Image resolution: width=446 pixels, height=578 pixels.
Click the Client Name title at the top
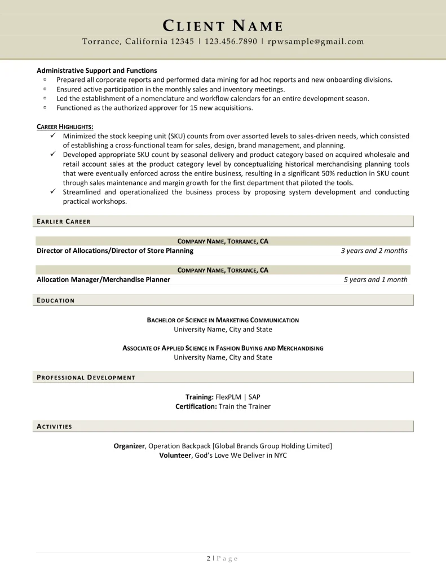point(223,25)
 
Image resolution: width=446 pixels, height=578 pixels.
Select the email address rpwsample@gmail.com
point(316,41)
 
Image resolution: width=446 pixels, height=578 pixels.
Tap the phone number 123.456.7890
point(231,41)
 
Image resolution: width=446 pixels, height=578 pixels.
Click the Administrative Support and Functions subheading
point(96,71)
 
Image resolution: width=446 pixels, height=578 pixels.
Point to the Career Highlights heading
point(65,126)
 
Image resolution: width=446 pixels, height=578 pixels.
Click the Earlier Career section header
point(63,221)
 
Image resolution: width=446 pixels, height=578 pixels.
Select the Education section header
point(55,300)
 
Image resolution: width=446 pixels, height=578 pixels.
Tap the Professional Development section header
point(86,377)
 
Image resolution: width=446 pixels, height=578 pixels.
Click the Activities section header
point(54,426)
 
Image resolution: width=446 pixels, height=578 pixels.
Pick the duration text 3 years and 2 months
point(374,251)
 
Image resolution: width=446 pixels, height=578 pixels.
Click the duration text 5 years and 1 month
point(376,279)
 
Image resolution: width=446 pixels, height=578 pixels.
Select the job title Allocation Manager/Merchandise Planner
point(103,279)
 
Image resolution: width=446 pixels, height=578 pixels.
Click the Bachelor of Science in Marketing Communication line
point(223,320)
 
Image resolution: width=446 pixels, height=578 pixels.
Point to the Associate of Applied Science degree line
point(223,348)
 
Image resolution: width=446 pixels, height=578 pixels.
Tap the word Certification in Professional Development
point(196,406)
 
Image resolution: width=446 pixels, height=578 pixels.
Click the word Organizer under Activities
point(129,446)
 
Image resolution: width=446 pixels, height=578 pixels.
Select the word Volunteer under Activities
point(175,455)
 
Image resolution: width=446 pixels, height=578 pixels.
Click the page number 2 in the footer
point(208,558)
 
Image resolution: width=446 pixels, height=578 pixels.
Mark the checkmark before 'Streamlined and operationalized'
point(52,192)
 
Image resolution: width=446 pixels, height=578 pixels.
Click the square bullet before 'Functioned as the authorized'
point(44,107)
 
